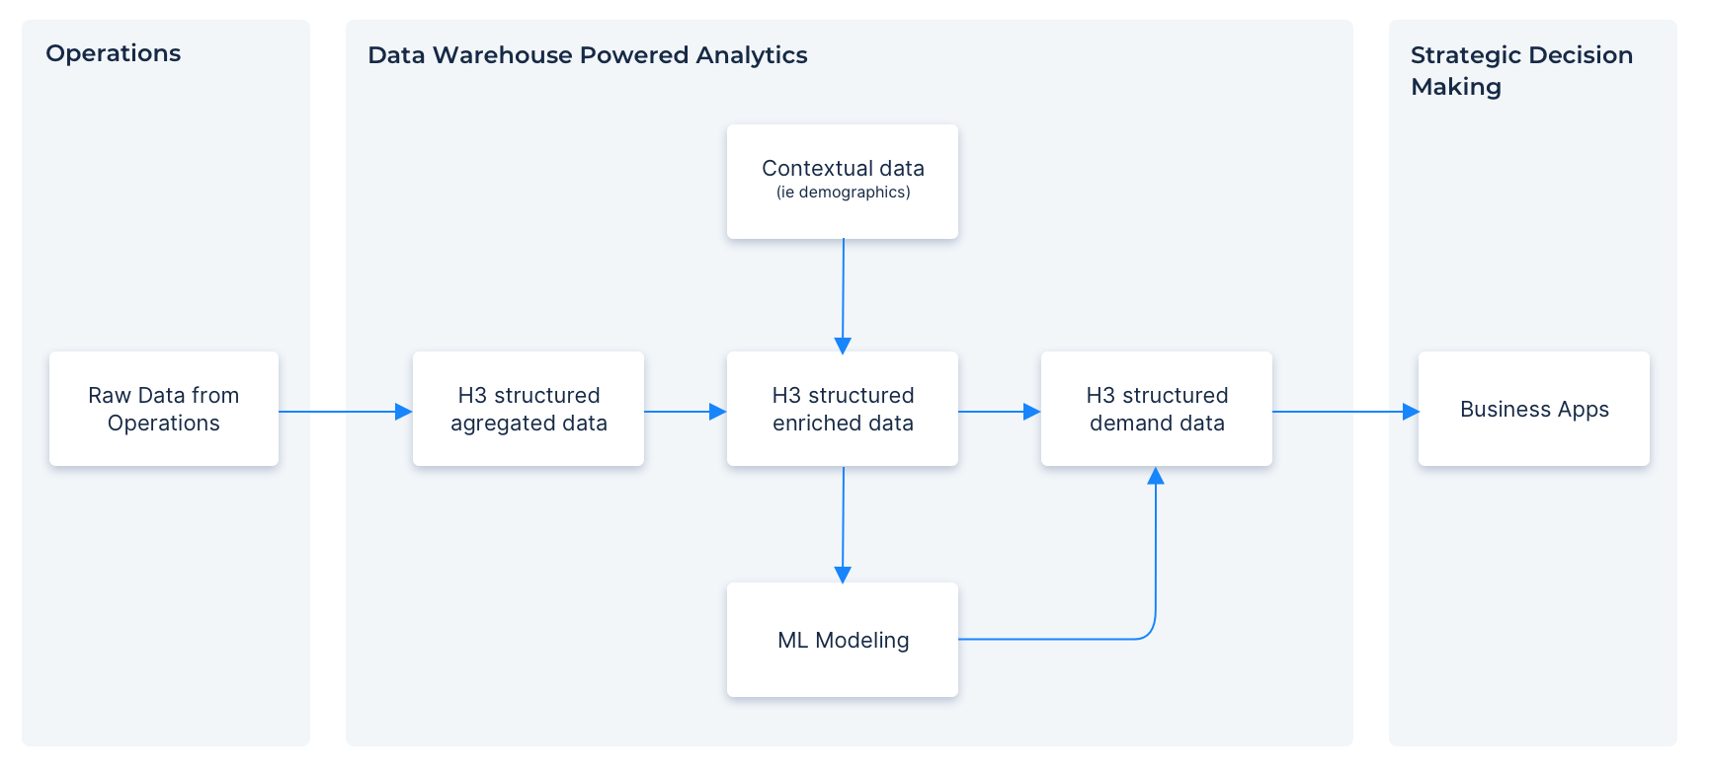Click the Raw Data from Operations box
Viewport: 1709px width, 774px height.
point(164,409)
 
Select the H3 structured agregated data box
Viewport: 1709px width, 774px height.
point(529,409)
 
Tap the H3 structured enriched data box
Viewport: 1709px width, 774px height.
point(843,409)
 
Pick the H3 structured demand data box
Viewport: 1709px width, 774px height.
point(1157,409)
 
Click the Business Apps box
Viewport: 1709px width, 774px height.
point(1534,409)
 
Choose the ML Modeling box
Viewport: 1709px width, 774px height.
point(843,640)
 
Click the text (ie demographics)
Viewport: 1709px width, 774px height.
point(843,193)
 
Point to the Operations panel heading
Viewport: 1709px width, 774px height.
point(114,53)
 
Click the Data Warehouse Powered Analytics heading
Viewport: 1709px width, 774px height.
point(588,55)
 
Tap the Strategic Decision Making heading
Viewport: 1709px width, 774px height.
point(1521,70)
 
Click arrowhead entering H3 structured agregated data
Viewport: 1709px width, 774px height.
point(403,412)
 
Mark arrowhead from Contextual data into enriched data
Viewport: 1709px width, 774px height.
point(843,346)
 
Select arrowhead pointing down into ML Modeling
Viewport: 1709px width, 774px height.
point(843,575)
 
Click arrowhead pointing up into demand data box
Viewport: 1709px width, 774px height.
point(1156,476)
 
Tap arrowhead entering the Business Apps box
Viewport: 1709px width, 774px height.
point(1411,412)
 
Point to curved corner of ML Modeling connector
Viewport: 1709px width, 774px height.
point(1149,633)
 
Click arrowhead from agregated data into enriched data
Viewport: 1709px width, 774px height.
point(717,412)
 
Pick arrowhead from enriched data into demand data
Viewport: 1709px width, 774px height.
point(1031,412)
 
